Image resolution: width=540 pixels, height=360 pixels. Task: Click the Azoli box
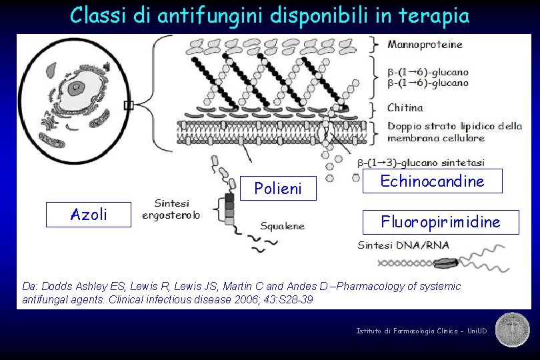(x=89, y=214)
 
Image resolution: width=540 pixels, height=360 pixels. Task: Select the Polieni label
(x=278, y=189)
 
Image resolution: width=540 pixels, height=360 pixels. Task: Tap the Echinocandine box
(x=432, y=181)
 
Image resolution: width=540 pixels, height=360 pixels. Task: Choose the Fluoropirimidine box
(x=440, y=222)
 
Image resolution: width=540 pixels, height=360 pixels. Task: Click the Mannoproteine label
(x=425, y=45)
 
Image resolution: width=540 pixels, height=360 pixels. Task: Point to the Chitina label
(x=405, y=107)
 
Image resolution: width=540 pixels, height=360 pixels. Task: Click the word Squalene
(x=282, y=226)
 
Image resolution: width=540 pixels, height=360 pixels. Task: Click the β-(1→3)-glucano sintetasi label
(x=421, y=162)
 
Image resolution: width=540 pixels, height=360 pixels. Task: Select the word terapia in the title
(x=437, y=15)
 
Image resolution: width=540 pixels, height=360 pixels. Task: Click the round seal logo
(x=512, y=329)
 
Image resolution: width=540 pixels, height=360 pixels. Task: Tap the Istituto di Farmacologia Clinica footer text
(x=421, y=331)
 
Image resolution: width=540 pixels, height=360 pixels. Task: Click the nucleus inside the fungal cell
(x=79, y=87)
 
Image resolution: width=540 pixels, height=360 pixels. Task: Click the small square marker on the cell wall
(x=129, y=105)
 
